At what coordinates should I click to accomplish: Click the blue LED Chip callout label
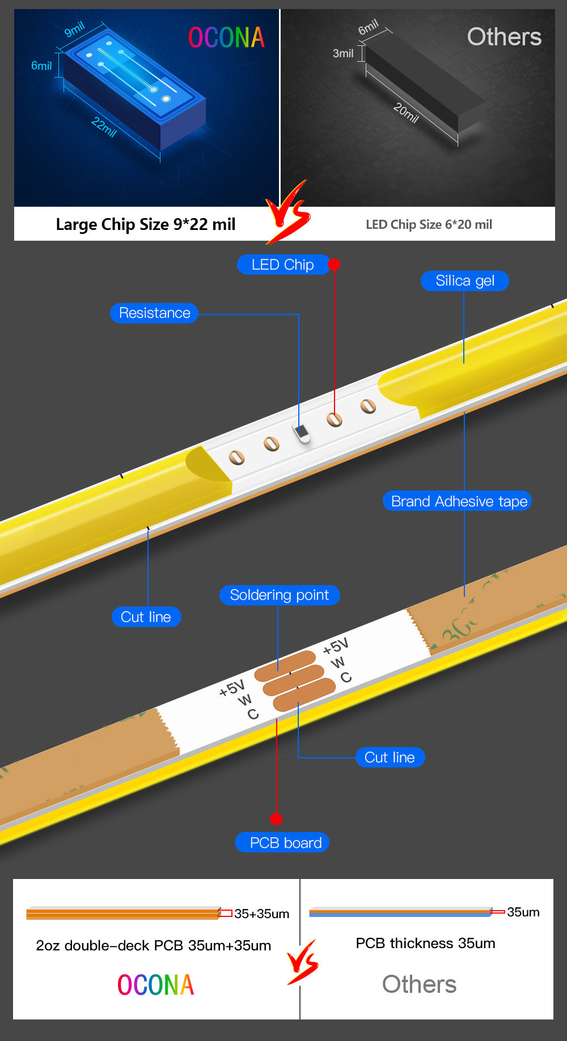[282, 264]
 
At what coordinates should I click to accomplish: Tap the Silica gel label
[464, 281]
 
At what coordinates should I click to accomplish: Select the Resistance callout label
[154, 313]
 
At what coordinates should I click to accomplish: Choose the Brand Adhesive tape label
[458, 501]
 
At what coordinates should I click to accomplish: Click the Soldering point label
[279, 595]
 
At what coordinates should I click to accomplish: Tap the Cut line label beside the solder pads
[390, 757]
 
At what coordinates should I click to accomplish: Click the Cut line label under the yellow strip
[146, 617]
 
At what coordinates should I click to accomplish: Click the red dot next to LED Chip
[334, 264]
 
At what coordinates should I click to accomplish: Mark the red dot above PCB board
[276, 818]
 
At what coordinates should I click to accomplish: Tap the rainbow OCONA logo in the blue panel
[226, 38]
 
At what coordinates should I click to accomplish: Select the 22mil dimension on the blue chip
[104, 127]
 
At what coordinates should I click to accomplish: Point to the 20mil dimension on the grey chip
[406, 113]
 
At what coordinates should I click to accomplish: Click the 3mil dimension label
[343, 53]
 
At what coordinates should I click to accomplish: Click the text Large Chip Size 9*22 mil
[146, 224]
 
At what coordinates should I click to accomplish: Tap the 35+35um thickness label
[261, 914]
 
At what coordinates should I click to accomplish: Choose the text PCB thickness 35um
[425, 943]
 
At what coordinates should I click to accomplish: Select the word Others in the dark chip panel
[503, 37]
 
